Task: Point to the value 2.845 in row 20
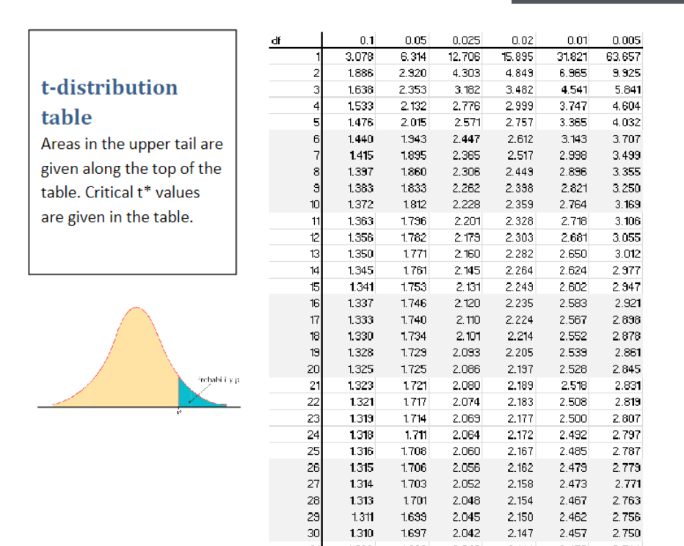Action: click(627, 368)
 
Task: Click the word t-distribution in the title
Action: click(109, 87)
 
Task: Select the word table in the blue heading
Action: click(67, 117)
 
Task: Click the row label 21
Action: click(315, 385)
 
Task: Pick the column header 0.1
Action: click(368, 40)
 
